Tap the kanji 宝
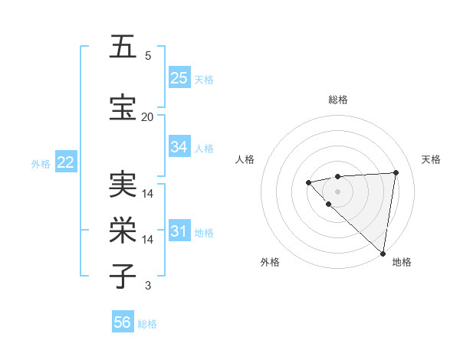tap(123, 106)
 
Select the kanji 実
tap(123, 184)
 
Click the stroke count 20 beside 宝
tap(147, 116)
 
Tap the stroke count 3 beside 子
tap(148, 286)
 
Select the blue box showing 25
tap(179, 77)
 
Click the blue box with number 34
tap(179, 147)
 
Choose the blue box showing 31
tap(179, 231)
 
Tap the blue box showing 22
tap(66, 162)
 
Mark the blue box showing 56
tap(123, 323)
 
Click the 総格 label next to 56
tap(147, 324)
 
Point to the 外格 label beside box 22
tap(41, 163)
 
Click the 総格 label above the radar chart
tap(337, 100)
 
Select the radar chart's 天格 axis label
tap(432, 159)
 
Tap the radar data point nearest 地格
tap(382, 253)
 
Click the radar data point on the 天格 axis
tap(396, 172)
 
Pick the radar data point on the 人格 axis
tap(308, 182)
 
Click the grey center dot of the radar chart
tap(337, 191)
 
